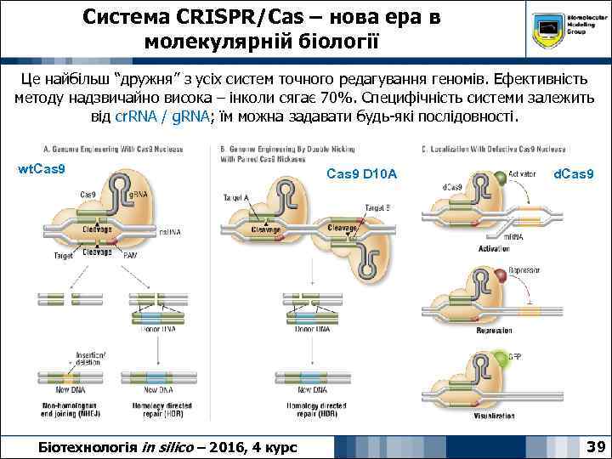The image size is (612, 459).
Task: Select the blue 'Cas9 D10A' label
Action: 361,174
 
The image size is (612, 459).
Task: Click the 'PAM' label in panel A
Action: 130,255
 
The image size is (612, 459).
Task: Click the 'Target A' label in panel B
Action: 235,197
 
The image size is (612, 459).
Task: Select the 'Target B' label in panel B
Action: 378,207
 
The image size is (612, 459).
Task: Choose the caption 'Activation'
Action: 493,249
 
